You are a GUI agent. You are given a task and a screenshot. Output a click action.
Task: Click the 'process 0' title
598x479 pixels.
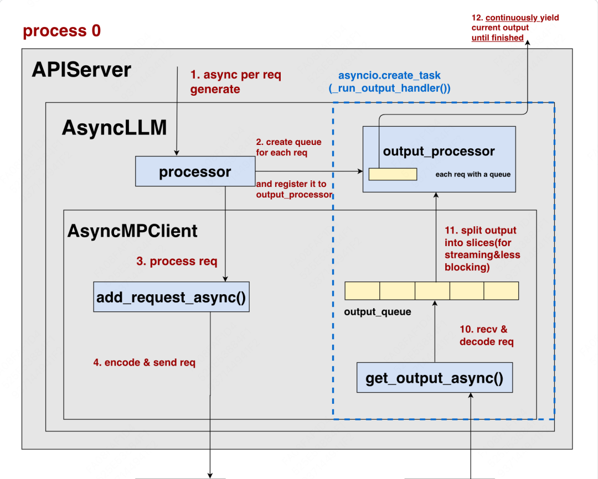(x=62, y=30)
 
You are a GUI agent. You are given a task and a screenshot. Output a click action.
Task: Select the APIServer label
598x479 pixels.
(x=81, y=70)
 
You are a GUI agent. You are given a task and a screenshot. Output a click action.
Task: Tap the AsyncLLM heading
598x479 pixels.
(x=114, y=127)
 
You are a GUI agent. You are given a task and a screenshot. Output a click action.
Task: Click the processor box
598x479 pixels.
(x=195, y=171)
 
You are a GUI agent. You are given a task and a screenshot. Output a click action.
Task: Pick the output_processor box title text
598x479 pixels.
(x=439, y=152)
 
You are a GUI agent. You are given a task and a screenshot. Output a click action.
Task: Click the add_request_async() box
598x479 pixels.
(x=171, y=297)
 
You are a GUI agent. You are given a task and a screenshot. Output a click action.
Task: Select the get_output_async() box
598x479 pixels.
(x=435, y=378)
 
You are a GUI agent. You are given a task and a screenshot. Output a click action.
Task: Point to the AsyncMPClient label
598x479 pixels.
(x=132, y=231)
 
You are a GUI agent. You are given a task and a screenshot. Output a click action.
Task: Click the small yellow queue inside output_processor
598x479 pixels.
(x=393, y=174)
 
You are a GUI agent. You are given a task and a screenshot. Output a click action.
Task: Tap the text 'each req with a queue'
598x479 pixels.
(x=473, y=174)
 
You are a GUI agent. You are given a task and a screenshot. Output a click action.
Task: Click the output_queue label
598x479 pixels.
(x=378, y=312)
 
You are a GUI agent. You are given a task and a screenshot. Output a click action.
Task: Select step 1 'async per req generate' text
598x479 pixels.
(x=236, y=81)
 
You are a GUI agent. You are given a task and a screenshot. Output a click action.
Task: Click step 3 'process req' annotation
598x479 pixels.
(x=177, y=261)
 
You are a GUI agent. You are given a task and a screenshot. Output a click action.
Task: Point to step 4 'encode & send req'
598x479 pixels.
(x=144, y=362)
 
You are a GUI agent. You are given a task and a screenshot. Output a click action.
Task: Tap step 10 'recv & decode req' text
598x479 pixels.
(x=487, y=335)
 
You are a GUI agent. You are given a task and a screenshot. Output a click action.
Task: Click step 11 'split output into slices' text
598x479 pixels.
(x=482, y=248)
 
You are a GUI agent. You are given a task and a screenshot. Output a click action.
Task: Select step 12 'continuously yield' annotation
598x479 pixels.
(x=515, y=28)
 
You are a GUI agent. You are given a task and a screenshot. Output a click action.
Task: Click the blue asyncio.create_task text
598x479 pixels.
(x=389, y=81)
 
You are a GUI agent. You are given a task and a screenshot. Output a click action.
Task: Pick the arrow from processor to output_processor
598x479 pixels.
(x=309, y=171)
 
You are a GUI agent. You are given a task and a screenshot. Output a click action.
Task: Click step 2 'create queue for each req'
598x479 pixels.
(x=288, y=147)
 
